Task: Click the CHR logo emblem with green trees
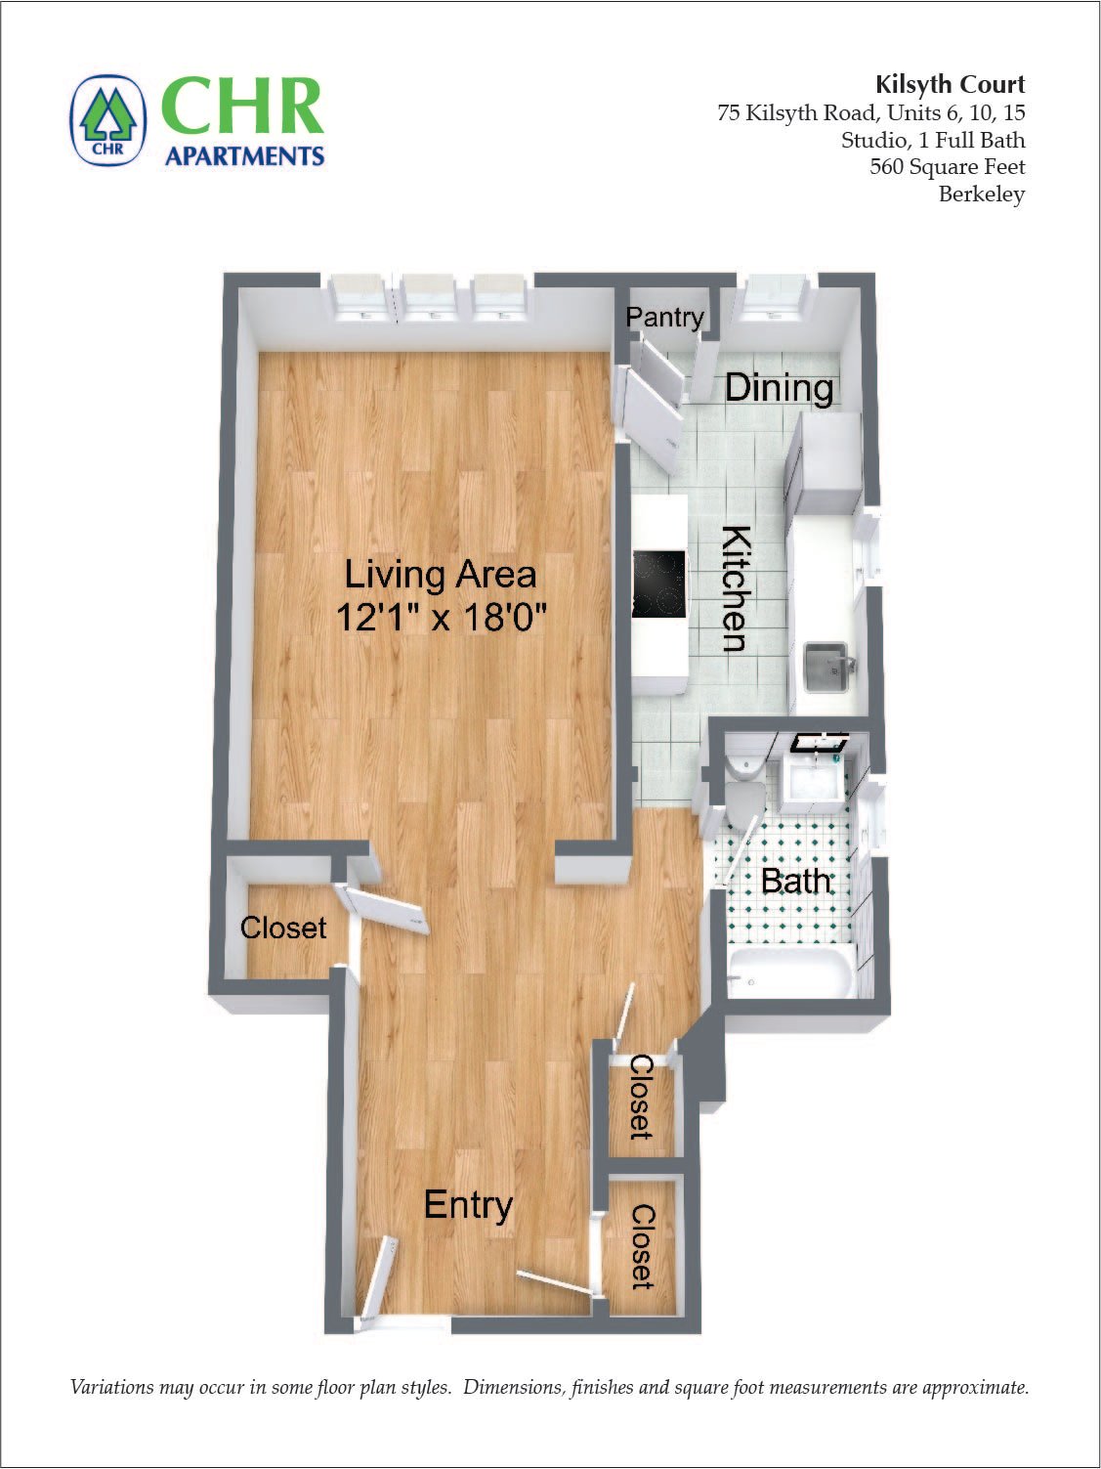[x=108, y=120]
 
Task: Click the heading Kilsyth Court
[x=950, y=84]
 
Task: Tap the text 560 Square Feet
[x=947, y=166]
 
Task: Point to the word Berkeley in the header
[x=981, y=194]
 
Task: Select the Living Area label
[x=440, y=574]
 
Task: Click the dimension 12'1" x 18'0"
[x=440, y=618]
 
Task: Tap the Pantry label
[x=664, y=317]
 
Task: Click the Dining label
[x=779, y=388]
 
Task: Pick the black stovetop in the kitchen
[x=658, y=584]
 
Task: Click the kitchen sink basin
[x=826, y=667]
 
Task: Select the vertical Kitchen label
[x=735, y=588]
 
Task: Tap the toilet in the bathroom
[x=745, y=787]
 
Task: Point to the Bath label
[x=795, y=881]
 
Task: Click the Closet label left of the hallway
[x=283, y=927]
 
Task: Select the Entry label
[x=468, y=1205]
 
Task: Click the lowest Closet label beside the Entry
[x=642, y=1246]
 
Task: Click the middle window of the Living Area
[x=430, y=297]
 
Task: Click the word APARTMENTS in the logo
[x=244, y=155]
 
